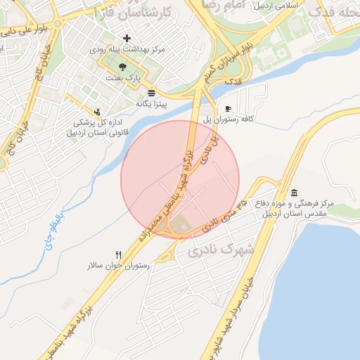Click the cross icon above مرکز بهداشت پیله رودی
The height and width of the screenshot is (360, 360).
[127, 38]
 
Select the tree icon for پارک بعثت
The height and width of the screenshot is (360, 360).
[123, 66]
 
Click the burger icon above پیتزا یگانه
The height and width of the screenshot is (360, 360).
[152, 93]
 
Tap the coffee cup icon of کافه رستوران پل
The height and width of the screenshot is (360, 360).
[228, 108]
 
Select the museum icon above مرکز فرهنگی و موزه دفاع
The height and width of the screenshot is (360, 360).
[293, 193]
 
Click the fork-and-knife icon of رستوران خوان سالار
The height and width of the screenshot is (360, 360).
[118, 255]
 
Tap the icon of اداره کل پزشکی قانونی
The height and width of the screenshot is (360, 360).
[97, 111]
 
